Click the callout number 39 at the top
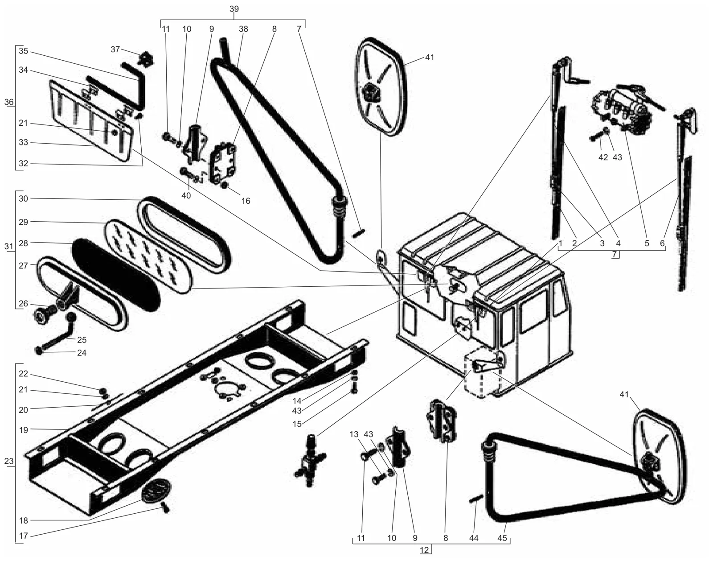[234, 9]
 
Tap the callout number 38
[243, 29]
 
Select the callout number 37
[115, 49]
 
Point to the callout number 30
[23, 198]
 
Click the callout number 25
[82, 340]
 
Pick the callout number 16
[246, 201]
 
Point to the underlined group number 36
[9, 102]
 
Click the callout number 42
[603, 157]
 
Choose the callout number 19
[23, 430]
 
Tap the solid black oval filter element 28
[116, 275]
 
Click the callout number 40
[186, 196]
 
